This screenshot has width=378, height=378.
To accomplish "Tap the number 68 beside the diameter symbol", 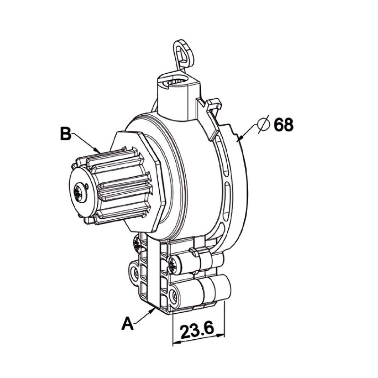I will pyautogui.click(x=283, y=125).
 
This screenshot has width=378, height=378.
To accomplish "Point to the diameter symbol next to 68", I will pyautogui.click(x=263, y=124).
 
